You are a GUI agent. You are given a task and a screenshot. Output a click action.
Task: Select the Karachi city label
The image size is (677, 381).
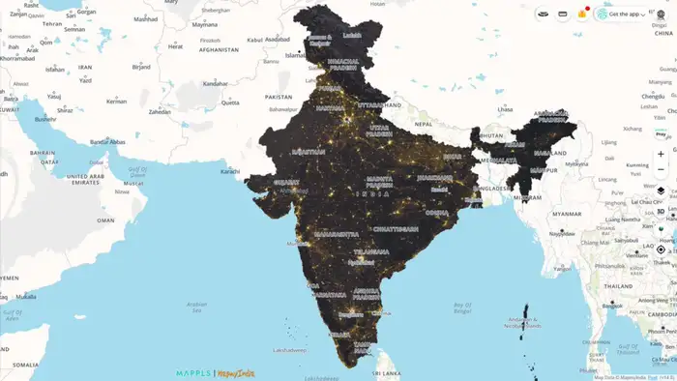pyautogui.click(x=229, y=171)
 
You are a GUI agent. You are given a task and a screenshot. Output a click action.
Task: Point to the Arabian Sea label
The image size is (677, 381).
pyautogui.click(x=196, y=308)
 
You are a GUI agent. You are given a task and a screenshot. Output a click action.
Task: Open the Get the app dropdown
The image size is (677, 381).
pyautogui.click(x=620, y=15)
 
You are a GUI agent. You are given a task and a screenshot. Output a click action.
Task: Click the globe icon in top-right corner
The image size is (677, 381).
pyautogui.click(x=662, y=15)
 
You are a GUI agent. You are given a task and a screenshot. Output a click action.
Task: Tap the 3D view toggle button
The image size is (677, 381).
pyautogui.click(x=661, y=211)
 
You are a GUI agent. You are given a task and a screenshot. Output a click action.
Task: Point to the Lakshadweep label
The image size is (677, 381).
pyautogui.click(x=288, y=349)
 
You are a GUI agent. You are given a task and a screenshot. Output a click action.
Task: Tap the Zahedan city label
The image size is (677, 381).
pyautogui.click(x=160, y=112)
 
